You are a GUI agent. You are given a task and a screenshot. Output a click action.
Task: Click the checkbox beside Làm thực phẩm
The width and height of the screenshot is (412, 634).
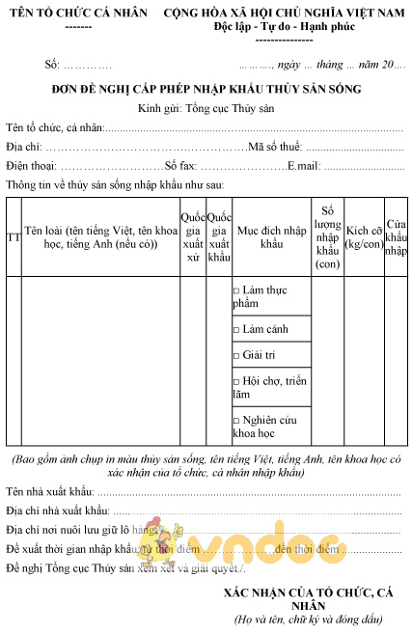tap(236, 290)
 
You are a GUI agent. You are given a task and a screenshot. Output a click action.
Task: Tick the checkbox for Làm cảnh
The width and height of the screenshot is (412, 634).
tap(236, 330)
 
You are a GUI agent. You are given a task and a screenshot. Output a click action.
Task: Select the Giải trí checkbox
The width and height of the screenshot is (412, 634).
tap(236, 355)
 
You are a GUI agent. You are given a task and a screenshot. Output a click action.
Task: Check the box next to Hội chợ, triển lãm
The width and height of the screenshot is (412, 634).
tap(236, 381)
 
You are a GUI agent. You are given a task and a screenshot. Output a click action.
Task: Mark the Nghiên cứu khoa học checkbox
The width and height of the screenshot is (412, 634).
tap(236, 422)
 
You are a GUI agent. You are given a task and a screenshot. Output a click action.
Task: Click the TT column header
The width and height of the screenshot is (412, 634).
tap(13, 237)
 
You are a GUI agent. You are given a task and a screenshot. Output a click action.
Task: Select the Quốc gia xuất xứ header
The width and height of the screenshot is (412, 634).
tap(192, 237)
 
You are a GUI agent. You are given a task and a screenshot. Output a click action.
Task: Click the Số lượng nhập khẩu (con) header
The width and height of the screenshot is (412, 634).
tap(327, 237)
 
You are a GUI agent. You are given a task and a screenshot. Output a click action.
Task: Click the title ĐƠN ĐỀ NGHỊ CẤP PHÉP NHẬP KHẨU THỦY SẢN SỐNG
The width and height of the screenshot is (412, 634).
tap(206, 90)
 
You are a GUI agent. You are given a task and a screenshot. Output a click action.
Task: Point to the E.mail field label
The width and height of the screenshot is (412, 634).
tap(303, 165)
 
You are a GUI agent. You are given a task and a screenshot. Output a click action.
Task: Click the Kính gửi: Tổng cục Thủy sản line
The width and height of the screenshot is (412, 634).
tap(206, 108)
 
